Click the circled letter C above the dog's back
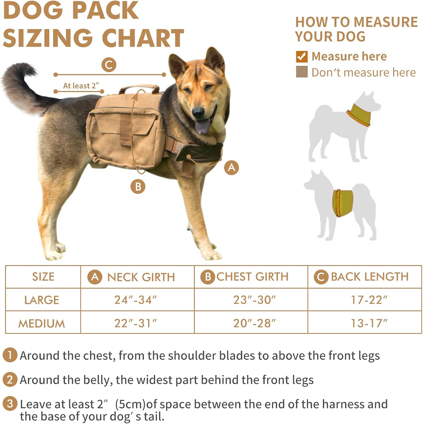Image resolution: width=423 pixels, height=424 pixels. (x=109, y=65)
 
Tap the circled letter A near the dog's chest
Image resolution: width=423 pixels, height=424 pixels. (x=232, y=168)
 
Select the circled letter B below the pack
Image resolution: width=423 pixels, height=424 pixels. (x=138, y=187)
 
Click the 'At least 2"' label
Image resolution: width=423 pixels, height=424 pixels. (x=81, y=86)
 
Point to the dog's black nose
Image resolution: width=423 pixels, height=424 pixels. (x=198, y=112)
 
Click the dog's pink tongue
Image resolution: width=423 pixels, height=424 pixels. (x=203, y=126)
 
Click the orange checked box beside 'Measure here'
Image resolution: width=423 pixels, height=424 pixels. (x=302, y=57)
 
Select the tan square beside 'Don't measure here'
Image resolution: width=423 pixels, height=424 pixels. (x=302, y=72)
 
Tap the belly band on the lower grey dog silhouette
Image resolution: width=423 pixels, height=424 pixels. (x=343, y=203)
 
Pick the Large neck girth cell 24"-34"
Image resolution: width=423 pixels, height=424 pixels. (x=135, y=300)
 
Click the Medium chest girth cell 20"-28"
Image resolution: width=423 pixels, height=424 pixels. (x=254, y=323)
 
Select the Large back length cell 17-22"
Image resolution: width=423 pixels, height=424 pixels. (x=369, y=300)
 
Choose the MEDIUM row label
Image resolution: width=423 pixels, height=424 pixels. (x=42, y=323)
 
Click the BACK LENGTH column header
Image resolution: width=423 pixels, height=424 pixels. (x=370, y=277)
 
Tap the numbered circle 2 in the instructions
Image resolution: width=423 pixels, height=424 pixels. (x=10, y=380)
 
